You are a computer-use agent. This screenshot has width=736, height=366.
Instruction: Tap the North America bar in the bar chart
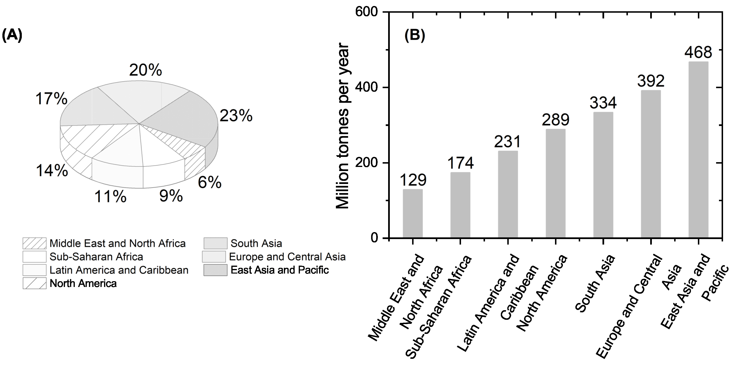555,183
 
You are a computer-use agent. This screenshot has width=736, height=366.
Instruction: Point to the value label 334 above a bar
603,103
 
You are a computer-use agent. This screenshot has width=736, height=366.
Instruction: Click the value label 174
460,163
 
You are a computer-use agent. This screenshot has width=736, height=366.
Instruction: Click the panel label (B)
415,36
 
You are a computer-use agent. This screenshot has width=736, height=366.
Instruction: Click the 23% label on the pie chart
236,116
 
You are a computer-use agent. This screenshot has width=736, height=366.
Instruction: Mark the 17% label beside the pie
52,99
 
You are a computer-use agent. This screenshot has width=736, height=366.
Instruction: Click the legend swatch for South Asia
216,243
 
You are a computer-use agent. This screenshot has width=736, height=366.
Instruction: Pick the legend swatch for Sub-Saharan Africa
34,257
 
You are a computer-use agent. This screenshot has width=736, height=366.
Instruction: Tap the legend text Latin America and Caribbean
119,270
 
